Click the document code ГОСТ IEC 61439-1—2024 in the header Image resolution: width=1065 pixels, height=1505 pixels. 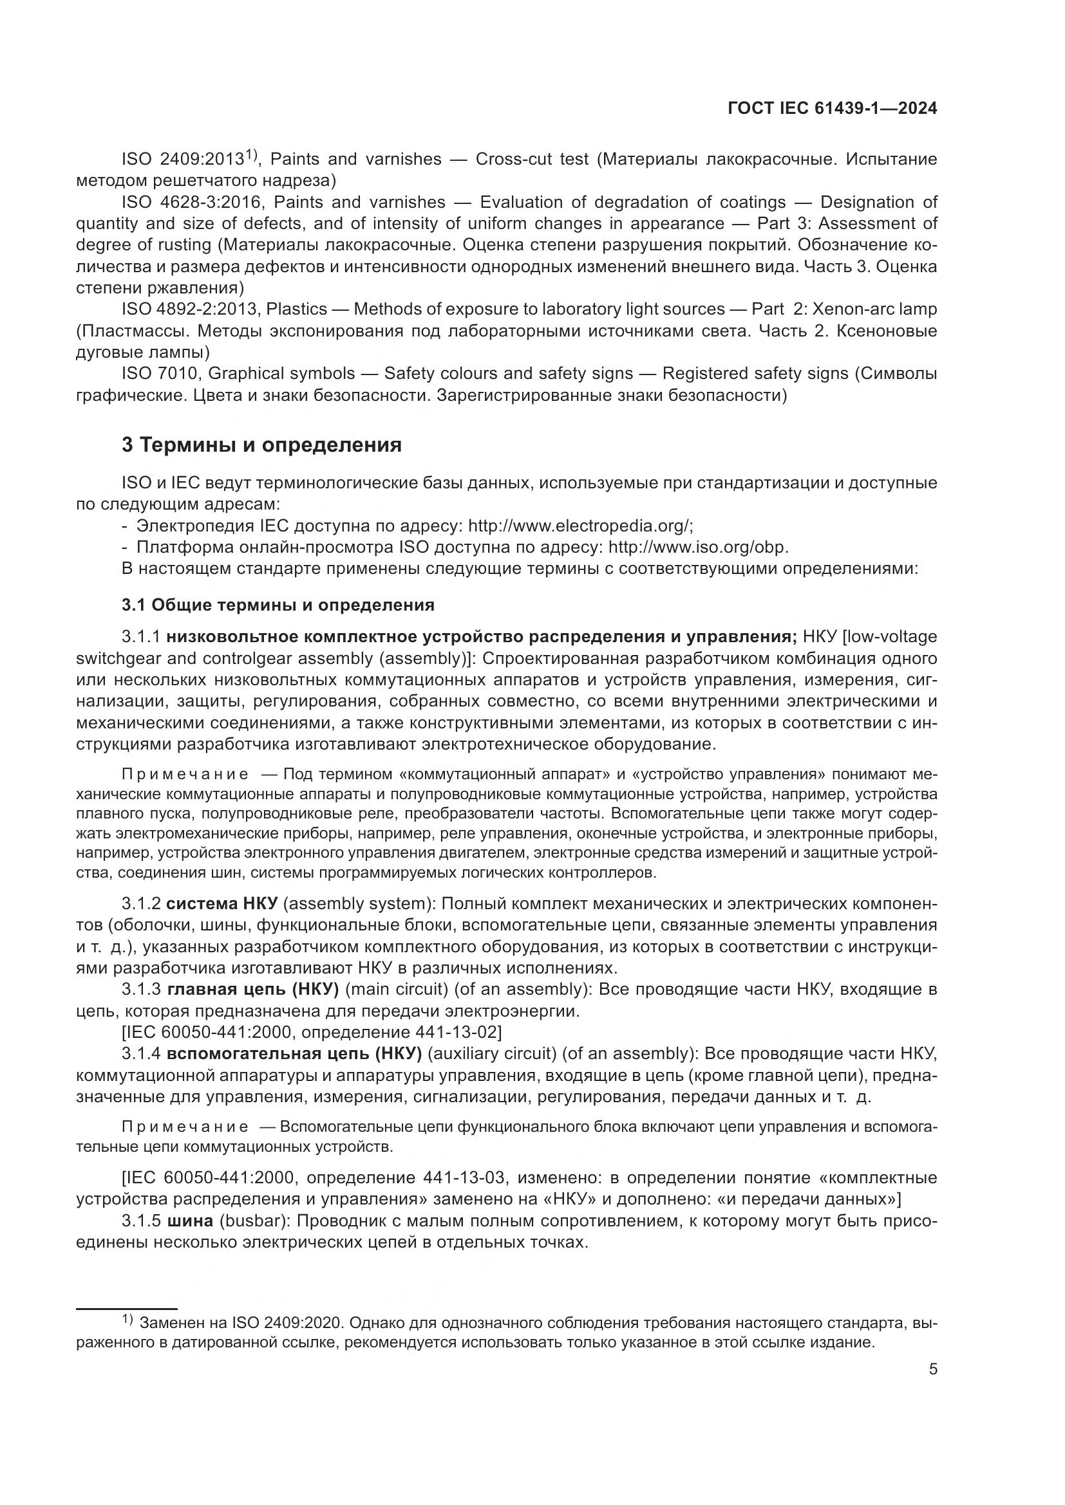click(831, 109)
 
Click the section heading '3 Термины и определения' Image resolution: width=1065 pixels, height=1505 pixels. click(261, 445)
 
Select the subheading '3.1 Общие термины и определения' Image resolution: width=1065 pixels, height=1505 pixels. click(278, 604)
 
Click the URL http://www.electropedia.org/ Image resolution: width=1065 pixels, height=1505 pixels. click(580, 526)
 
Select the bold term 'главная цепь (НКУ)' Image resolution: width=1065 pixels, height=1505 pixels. click(252, 989)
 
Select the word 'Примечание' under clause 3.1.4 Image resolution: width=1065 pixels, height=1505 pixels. click(185, 1127)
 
